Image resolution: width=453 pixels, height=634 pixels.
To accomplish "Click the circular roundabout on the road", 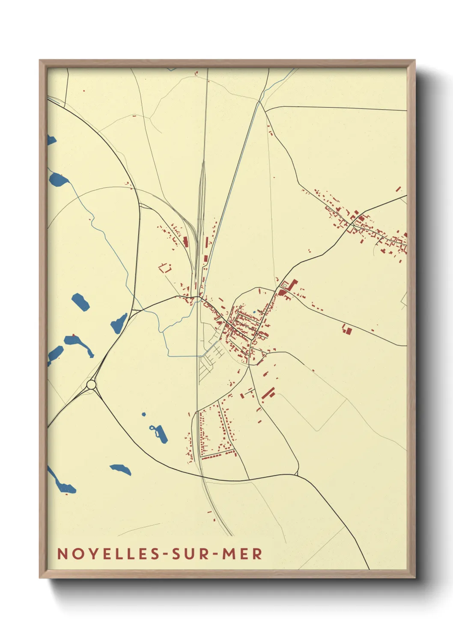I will tap(91, 385).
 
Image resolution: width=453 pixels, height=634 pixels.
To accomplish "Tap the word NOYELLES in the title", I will tap(108, 554).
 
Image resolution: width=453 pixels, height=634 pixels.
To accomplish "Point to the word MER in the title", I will tap(241, 554).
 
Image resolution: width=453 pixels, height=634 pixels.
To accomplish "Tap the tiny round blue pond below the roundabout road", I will tap(144, 414).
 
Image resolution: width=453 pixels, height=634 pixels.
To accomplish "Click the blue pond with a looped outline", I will tap(159, 433).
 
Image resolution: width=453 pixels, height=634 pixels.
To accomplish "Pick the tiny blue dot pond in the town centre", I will tap(254, 311).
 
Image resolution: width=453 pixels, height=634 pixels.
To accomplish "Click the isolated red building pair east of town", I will tap(347, 330).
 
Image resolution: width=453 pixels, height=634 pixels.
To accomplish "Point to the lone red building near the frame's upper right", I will tap(398, 189).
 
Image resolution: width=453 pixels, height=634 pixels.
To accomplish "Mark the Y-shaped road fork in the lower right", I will tap(296, 474).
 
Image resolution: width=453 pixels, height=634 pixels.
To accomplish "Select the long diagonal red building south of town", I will tap(268, 393).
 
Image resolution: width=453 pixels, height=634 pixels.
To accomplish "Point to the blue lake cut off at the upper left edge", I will tap(51, 140).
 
